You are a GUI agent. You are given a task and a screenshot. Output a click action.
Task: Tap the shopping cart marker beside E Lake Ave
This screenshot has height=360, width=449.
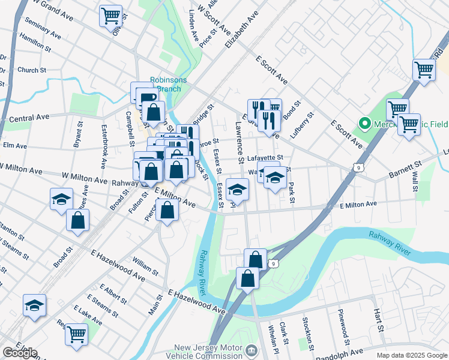point(77,334)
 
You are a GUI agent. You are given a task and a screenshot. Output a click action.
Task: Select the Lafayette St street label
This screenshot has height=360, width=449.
point(269,158)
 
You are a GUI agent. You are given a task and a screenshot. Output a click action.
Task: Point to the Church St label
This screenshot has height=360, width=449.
point(31,70)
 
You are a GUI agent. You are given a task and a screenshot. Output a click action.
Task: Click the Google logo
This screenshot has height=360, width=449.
point(20,353)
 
